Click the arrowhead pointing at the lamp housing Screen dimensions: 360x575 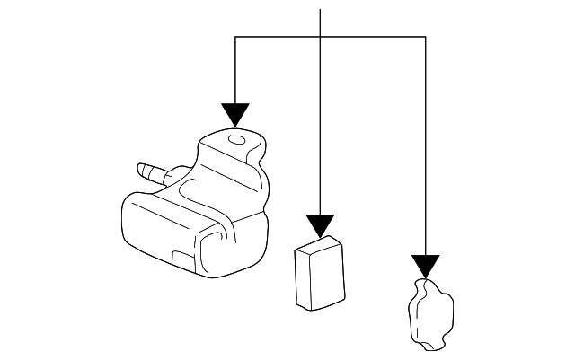pos(235,115)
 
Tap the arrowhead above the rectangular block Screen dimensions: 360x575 pos(320,225)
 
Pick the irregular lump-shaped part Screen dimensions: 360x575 pos(430,313)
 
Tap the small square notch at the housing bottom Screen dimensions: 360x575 pos(182,260)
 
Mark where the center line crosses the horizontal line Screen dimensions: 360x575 pos(320,37)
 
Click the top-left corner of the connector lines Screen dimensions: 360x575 pos(235,37)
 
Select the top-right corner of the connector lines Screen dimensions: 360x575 pos(425,37)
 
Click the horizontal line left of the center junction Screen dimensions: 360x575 pos(277,37)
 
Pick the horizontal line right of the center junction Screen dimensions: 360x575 pos(373,37)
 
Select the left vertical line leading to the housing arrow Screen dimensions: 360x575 pos(235,72)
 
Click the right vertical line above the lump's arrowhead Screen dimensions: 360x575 pos(425,144)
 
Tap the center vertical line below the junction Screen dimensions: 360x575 pos(320,126)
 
